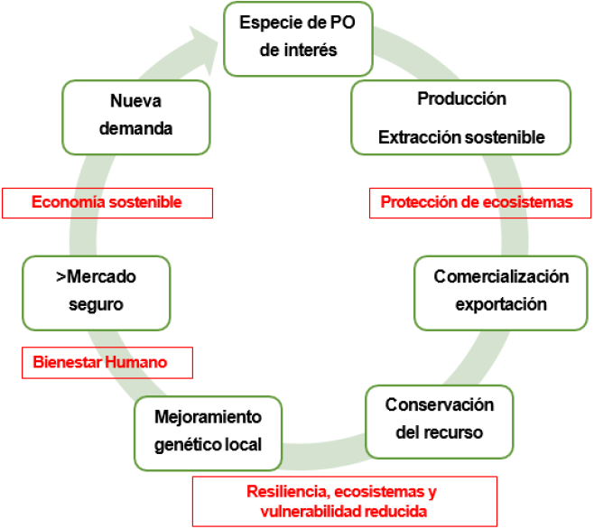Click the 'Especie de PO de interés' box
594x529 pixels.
(x=297, y=37)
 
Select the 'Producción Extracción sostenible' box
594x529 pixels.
(x=461, y=117)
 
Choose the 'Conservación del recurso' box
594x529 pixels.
(x=439, y=420)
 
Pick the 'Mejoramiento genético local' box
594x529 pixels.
(x=208, y=432)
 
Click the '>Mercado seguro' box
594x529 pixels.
(x=96, y=292)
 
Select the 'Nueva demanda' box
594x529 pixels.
(x=135, y=116)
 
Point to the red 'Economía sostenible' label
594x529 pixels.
(x=107, y=202)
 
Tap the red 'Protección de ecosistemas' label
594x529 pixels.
(x=477, y=202)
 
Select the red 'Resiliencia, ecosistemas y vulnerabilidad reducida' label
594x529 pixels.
(x=342, y=501)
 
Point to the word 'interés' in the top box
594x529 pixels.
(x=297, y=51)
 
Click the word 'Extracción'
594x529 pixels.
(x=418, y=138)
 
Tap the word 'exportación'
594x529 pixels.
(x=501, y=304)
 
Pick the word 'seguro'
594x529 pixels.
(x=96, y=304)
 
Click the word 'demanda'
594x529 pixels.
(x=135, y=128)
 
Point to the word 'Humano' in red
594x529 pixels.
(x=138, y=363)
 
